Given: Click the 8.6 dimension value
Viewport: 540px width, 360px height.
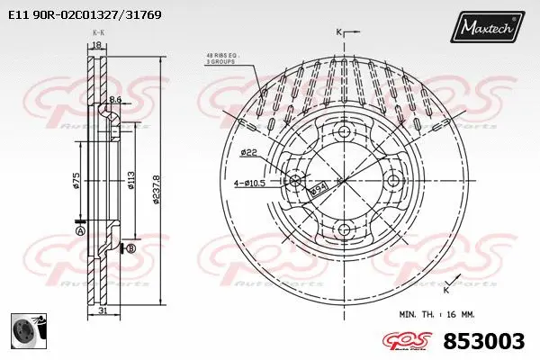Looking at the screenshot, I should pyautogui.click(x=115, y=100).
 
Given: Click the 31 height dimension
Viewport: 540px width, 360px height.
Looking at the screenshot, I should pyautogui.click(x=103, y=311).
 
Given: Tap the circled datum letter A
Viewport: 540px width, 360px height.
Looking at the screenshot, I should pyautogui.click(x=79, y=231).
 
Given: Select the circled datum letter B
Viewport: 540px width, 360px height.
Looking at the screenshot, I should pyautogui.click(x=130, y=248).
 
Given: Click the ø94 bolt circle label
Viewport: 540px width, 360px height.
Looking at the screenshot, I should pyautogui.click(x=318, y=190).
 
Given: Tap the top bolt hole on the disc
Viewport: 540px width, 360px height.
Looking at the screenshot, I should pyautogui.click(x=343, y=132).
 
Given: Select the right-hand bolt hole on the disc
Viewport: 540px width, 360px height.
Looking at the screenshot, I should pyautogui.click(x=391, y=181).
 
